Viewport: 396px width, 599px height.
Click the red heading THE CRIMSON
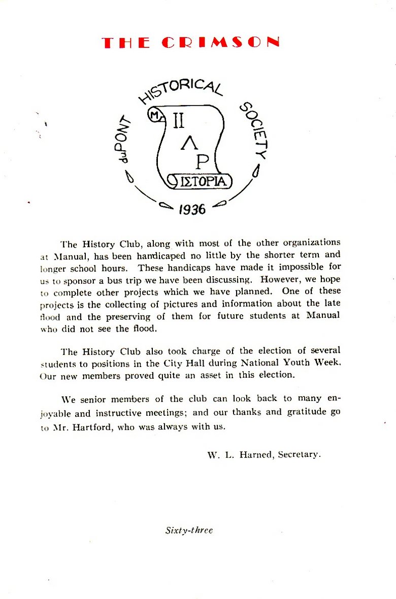click(190, 43)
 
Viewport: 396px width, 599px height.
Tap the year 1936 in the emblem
click(192, 208)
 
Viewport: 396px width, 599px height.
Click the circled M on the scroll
click(154, 116)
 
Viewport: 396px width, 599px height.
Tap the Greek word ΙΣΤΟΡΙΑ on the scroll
click(202, 181)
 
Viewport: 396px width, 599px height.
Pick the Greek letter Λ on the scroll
click(186, 146)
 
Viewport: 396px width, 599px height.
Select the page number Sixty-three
click(189, 530)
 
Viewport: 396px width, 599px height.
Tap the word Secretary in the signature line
click(300, 455)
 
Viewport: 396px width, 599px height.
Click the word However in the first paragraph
click(280, 280)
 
